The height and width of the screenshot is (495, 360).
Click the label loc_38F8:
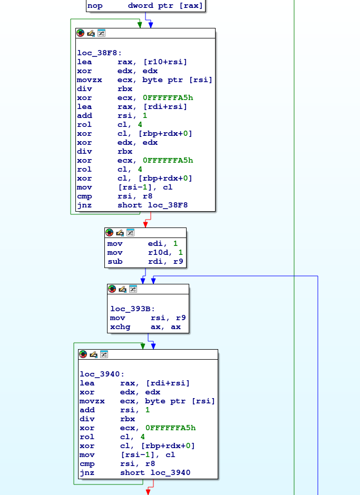(x=99, y=53)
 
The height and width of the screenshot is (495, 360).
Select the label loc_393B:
(x=132, y=309)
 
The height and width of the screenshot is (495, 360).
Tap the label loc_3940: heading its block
(x=102, y=374)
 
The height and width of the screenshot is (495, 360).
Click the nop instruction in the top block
(x=145, y=6)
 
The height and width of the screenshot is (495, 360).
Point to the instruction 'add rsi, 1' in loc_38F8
(x=112, y=115)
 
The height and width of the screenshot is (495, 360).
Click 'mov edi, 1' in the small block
(x=142, y=243)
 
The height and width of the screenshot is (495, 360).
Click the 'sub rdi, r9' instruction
(x=145, y=261)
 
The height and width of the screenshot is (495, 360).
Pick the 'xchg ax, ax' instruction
(x=145, y=326)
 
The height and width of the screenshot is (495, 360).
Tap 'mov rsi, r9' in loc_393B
(x=148, y=318)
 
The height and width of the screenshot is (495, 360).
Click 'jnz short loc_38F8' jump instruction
(x=132, y=205)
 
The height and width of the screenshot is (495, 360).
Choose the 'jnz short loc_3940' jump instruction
(x=135, y=472)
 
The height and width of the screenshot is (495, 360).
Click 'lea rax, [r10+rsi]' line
(x=132, y=62)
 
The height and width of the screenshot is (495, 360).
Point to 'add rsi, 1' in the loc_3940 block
(x=115, y=410)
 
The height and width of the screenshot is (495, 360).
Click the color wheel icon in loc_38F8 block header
(x=81, y=33)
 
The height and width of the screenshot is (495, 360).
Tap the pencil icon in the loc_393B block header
(x=122, y=289)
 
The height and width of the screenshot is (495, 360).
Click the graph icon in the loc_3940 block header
(x=104, y=354)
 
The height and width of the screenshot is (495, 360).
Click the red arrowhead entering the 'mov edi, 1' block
(x=145, y=224)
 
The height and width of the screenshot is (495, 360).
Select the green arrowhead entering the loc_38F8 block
(x=140, y=25)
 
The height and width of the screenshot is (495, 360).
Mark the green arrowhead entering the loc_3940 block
(x=143, y=346)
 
